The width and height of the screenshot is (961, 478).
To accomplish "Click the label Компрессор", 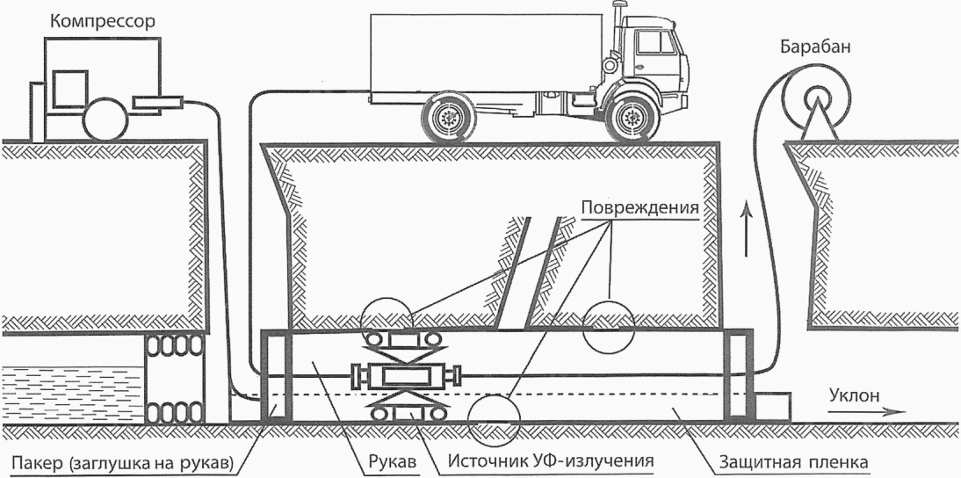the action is click(x=103, y=23).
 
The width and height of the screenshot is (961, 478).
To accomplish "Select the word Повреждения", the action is click(x=639, y=206).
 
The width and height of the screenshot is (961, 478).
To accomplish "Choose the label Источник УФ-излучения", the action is click(x=550, y=460).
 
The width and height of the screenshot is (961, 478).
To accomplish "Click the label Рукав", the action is click(x=393, y=461).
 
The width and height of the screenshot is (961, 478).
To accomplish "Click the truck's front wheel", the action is click(x=629, y=117).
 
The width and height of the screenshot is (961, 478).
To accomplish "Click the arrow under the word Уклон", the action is click(x=866, y=412).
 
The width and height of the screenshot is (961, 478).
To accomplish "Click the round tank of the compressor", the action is click(x=105, y=119).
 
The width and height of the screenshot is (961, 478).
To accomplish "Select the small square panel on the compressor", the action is click(x=69, y=89).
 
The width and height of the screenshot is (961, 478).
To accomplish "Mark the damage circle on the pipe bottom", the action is click(x=494, y=421).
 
